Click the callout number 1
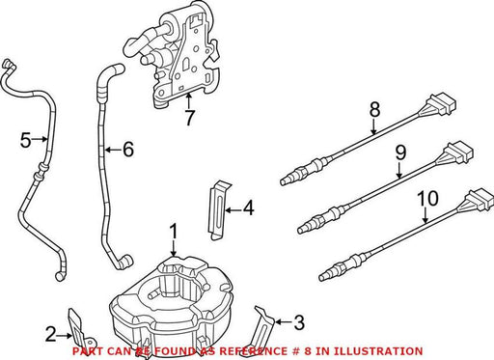tap(174, 232)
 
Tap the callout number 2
tap(51, 334)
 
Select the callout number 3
tap(299, 322)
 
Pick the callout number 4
tap(248, 208)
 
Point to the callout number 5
tap(26, 140)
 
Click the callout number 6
tap(128, 150)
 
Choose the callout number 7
tap(189, 118)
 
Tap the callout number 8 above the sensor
tap(374, 109)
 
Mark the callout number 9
tap(400, 152)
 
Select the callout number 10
tap(427, 198)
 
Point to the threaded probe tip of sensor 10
tap(325, 276)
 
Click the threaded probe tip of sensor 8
tap(288, 180)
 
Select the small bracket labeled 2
tap(80, 329)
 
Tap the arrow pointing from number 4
tap(233, 210)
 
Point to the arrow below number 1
tap(174, 249)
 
